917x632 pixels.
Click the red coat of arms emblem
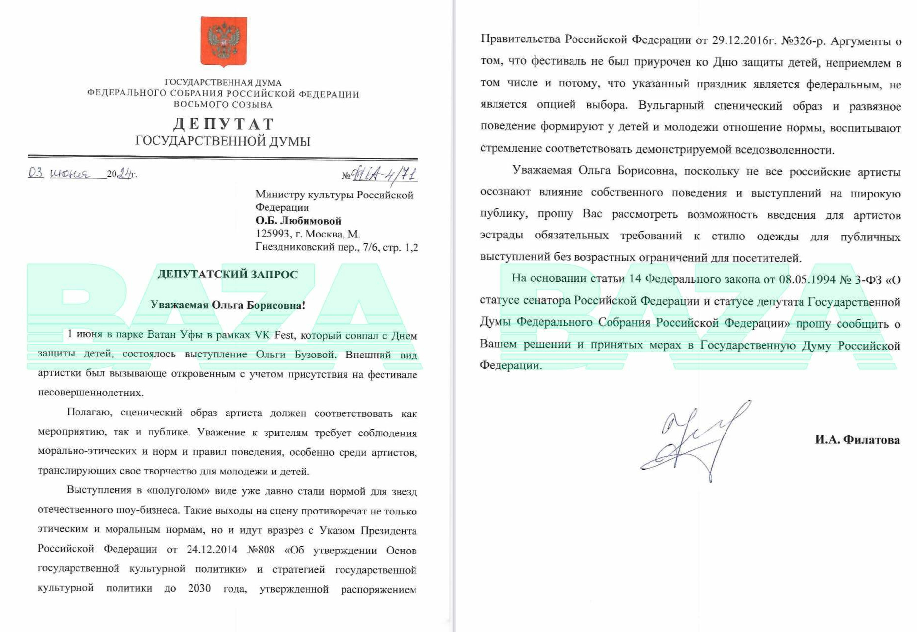click(224, 41)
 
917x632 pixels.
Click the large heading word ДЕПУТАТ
click(224, 124)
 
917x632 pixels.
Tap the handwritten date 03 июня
click(59, 173)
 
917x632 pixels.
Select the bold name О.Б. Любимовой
click(298, 221)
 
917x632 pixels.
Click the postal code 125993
click(272, 234)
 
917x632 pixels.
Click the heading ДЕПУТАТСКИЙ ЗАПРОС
click(228, 275)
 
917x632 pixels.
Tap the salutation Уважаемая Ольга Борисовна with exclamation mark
click(228, 305)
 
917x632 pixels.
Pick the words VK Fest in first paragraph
click(274, 335)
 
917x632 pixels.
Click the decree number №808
click(261, 550)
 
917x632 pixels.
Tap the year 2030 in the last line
click(199, 589)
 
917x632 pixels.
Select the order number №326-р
click(803, 40)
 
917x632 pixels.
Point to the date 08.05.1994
click(807, 279)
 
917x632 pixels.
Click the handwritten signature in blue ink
click(696, 439)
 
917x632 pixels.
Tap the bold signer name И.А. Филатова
click(857, 440)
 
